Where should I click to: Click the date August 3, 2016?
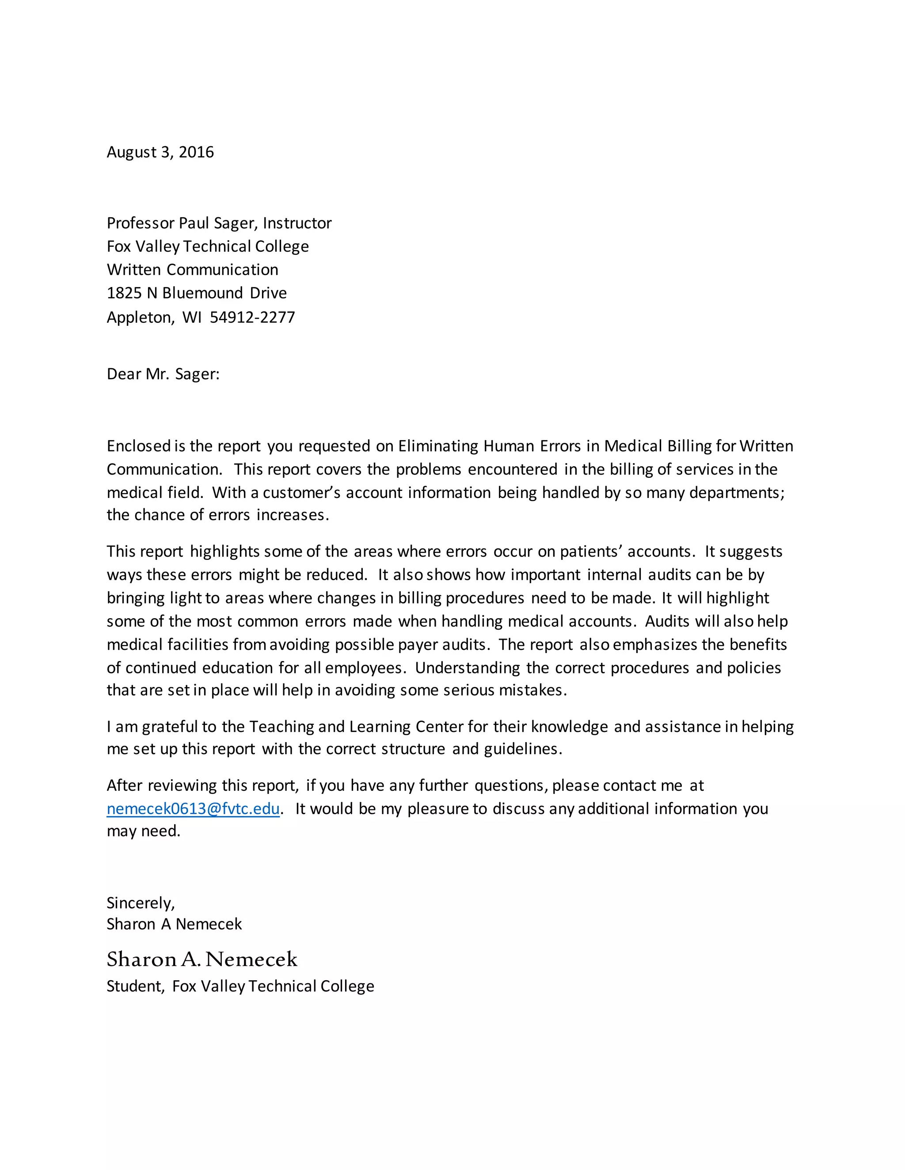point(160,152)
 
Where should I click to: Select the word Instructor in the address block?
point(297,223)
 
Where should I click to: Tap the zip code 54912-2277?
point(252,317)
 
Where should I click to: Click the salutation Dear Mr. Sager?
point(163,374)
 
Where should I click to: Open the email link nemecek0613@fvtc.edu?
point(193,808)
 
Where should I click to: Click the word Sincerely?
point(140,903)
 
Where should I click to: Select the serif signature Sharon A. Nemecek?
point(202,959)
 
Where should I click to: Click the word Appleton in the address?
point(139,317)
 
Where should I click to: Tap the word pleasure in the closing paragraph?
point(437,808)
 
